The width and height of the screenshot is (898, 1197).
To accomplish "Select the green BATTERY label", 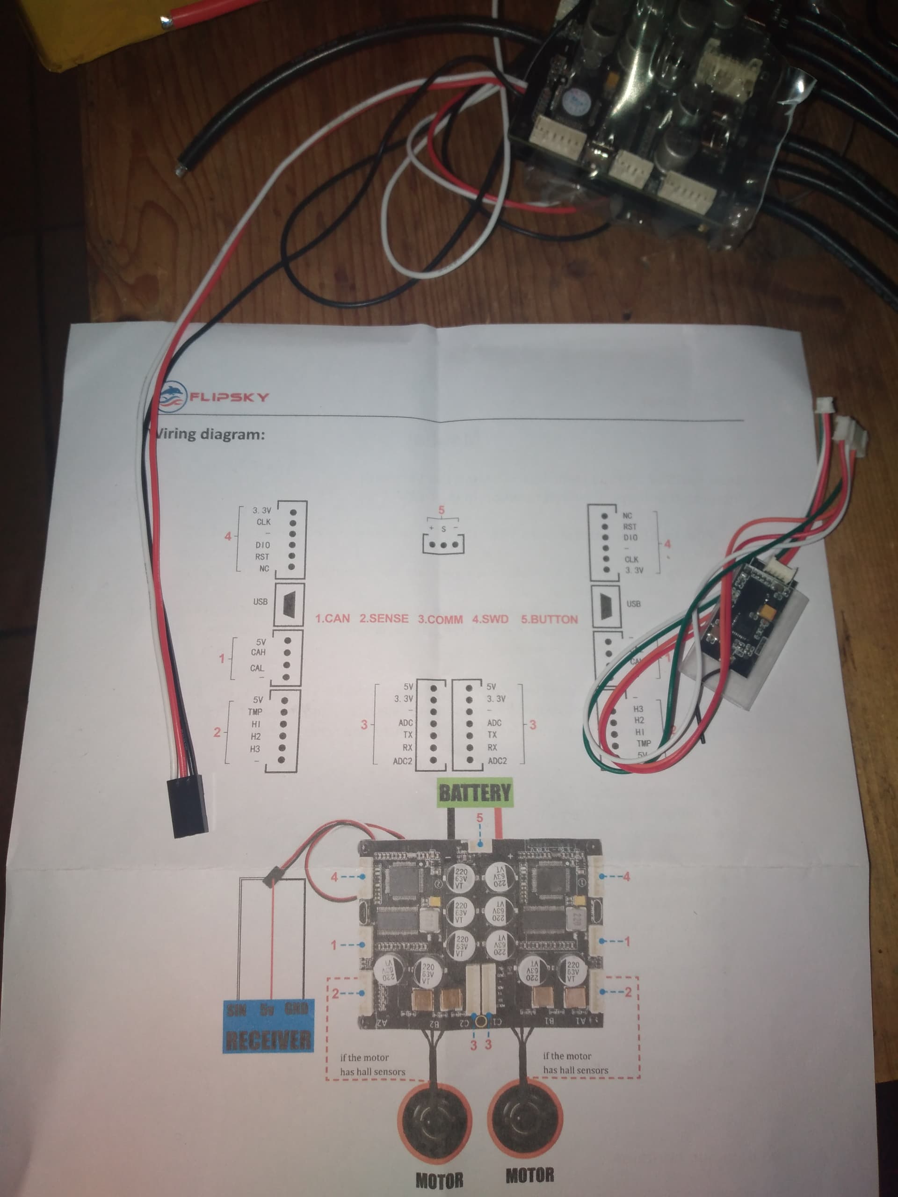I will pyautogui.click(x=474, y=793).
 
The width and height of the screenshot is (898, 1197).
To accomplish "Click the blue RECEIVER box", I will pyautogui.click(x=268, y=1025).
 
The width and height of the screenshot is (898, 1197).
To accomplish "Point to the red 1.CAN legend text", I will pyautogui.click(x=333, y=619).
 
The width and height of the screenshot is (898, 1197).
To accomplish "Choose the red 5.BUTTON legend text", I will pyautogui.click(x=549, y=619).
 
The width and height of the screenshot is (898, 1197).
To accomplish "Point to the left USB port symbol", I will pyautogui.click(x=289, y=602).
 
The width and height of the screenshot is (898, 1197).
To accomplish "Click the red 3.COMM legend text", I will pyautogui.click(x=440, y=619).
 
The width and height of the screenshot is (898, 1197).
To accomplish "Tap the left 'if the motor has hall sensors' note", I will pyautogui.click(x=372, y=1064).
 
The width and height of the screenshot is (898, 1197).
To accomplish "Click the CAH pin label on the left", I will pyautogui.click(x=258, y=652).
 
